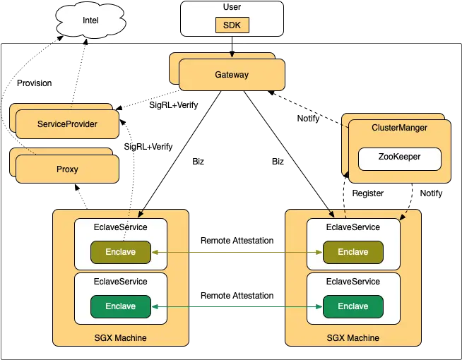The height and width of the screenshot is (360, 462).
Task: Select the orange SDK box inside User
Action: pos(232,26)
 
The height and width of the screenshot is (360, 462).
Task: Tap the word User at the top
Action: pos(232,7)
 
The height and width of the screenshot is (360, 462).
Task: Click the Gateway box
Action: pos(232,75)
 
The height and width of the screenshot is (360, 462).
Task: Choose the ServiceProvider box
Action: pos(67,124)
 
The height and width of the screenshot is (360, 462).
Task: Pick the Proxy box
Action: pos(67,169)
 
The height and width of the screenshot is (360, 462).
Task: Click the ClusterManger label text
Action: pos(399,128)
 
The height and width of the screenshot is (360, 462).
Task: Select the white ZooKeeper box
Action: pos(399,157)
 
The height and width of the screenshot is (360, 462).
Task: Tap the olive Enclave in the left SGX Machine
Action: pos(121,252)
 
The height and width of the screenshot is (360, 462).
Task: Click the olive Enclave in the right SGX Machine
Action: pos(353,252)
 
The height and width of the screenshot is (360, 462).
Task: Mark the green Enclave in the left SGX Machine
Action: pos(121,306)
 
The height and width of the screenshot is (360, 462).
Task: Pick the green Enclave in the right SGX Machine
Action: pos(353,306)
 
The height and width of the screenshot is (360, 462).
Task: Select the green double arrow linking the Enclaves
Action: pos(237,306)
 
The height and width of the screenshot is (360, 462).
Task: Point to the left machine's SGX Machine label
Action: pos(121,338)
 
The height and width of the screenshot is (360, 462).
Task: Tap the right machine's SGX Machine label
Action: pos(353,338)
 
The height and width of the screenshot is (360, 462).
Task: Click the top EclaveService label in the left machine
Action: pos(121,227)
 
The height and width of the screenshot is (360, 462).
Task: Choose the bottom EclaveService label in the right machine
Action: pos(353,282)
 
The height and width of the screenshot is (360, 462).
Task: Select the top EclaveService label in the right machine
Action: pos(353,227)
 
